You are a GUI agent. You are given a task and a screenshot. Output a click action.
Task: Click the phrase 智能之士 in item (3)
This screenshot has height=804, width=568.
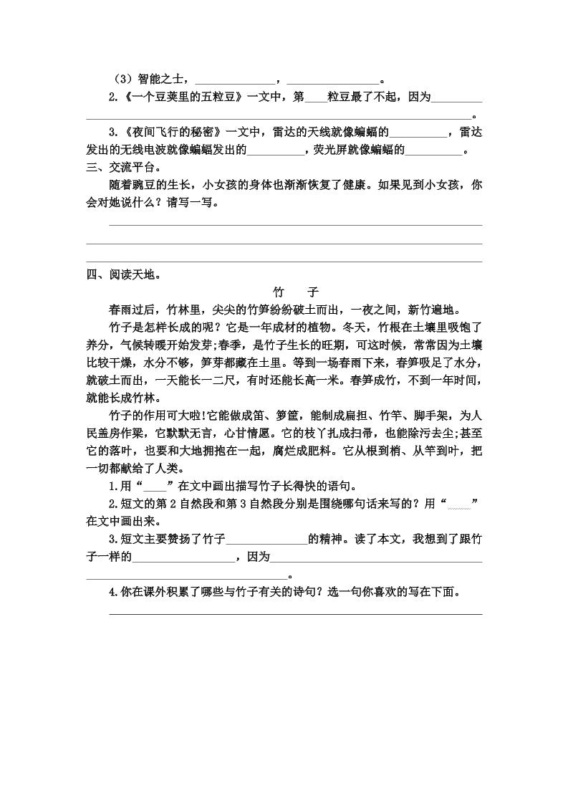click(x=161, y=80)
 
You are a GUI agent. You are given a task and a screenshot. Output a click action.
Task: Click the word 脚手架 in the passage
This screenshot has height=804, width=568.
click(x=435, y=416)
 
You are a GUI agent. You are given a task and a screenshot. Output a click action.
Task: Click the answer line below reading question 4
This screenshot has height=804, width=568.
click(x=295, y=613)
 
